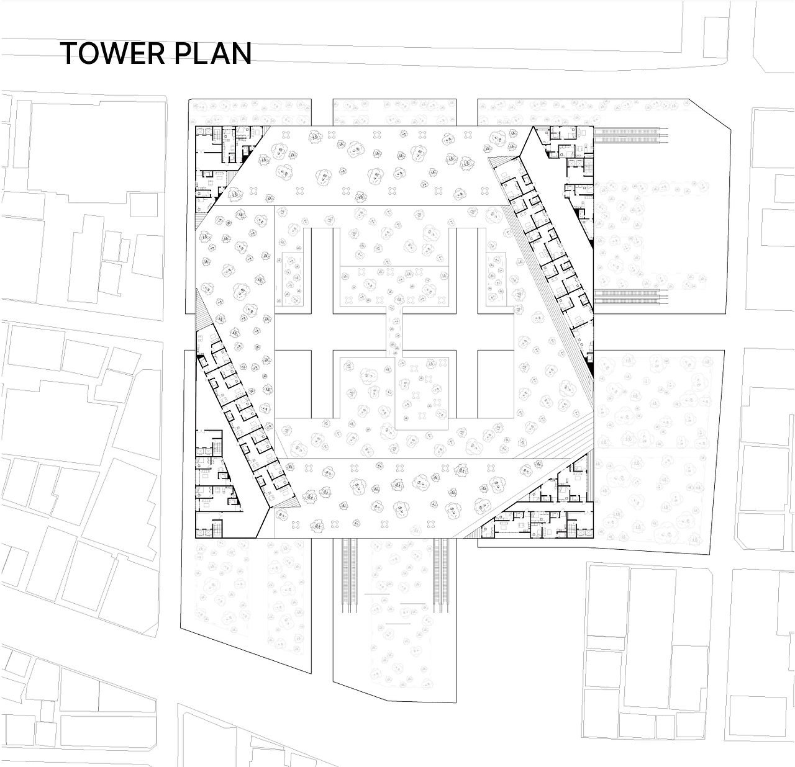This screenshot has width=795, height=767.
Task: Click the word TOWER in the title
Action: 113,54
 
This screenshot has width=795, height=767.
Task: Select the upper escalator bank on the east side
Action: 631,136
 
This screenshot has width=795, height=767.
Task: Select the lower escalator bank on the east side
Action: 631,297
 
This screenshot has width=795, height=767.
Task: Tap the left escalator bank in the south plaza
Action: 347,575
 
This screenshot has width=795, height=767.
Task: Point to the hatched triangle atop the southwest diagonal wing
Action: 202,311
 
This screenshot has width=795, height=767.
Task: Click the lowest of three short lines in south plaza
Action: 397,624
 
